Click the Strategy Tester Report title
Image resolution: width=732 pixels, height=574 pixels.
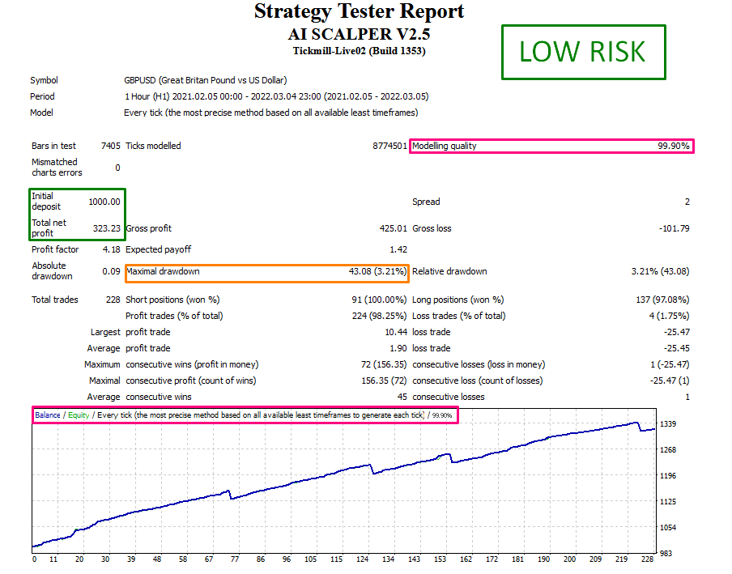click(359, 11)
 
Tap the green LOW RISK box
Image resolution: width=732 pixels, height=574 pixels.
click(583, 52)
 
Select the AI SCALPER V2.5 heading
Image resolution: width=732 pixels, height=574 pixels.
click(359, 34)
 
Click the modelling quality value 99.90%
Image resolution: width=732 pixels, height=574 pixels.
click(673, 147)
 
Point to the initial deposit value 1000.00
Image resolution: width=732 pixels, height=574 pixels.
click(104, 202)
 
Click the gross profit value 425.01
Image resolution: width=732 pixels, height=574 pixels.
click(392, 228)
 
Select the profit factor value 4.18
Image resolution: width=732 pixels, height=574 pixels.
click(111, 250)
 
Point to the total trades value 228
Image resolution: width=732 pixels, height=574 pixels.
click(113, 300)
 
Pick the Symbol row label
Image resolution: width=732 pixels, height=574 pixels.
click(44, 80)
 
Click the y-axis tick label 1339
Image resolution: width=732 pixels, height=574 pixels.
click(669, 424)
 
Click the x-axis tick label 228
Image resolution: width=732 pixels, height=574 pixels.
click(647, 559)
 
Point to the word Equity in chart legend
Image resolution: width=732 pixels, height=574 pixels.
click(79, 415)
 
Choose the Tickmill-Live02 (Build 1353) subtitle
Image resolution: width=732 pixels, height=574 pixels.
click(359, 51)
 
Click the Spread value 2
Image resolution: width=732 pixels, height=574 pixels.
click(687, 202)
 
